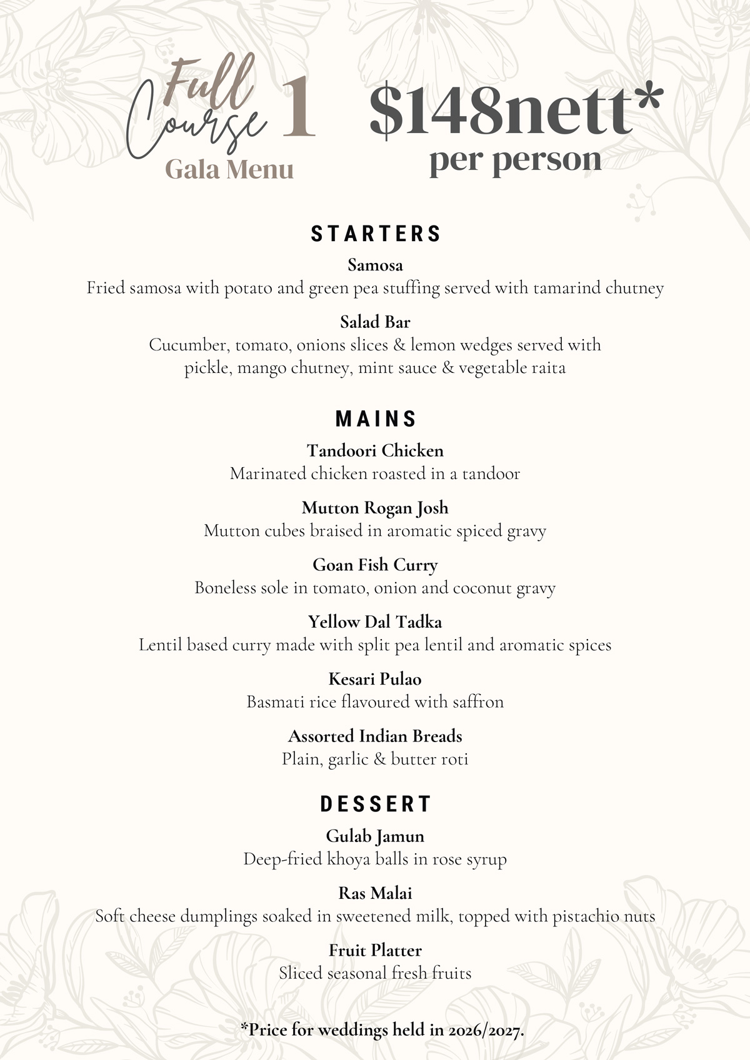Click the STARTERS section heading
tap(376, 234)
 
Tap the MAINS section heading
tap(376, 419)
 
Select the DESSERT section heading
tap(376, 804)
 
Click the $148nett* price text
tap(515, 111)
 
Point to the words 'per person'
tap(515, 161)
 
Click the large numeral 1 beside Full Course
tap(297, 107)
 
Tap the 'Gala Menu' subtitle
tap(229, 170)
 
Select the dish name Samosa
tap(375, 265)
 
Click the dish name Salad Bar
tap(375, 322)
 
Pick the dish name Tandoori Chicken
tap(375, 450)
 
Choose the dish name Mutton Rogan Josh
tap(375, 508)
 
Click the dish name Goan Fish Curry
tap(375, 565)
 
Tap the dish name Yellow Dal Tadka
tap(375, 622)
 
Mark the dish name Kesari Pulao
tap(375, 679)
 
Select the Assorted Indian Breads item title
tap(375, 736)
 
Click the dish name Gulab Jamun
tap(375, 836)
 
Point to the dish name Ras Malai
tap(375, 893)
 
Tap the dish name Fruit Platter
tap(375, 950)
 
